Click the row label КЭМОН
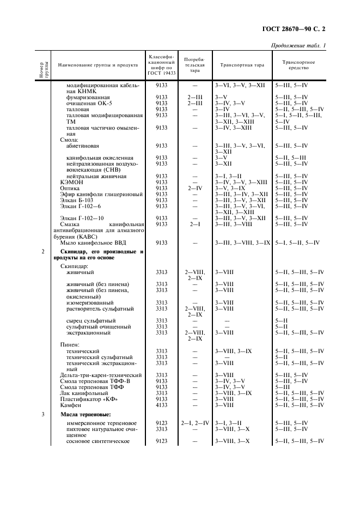[71, 182]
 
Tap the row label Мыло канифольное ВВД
[90, 242]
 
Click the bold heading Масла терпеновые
[83, 415]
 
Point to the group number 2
[44, 251]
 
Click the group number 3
[44, 415]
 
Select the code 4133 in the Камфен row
[161, 405]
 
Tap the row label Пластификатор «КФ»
[89, 399]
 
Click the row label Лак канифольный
[83, 393]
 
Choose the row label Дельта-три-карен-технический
[101, 375]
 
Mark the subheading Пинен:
[70, 344]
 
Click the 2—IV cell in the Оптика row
[194, 188]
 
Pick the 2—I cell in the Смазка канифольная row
[194, 224]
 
